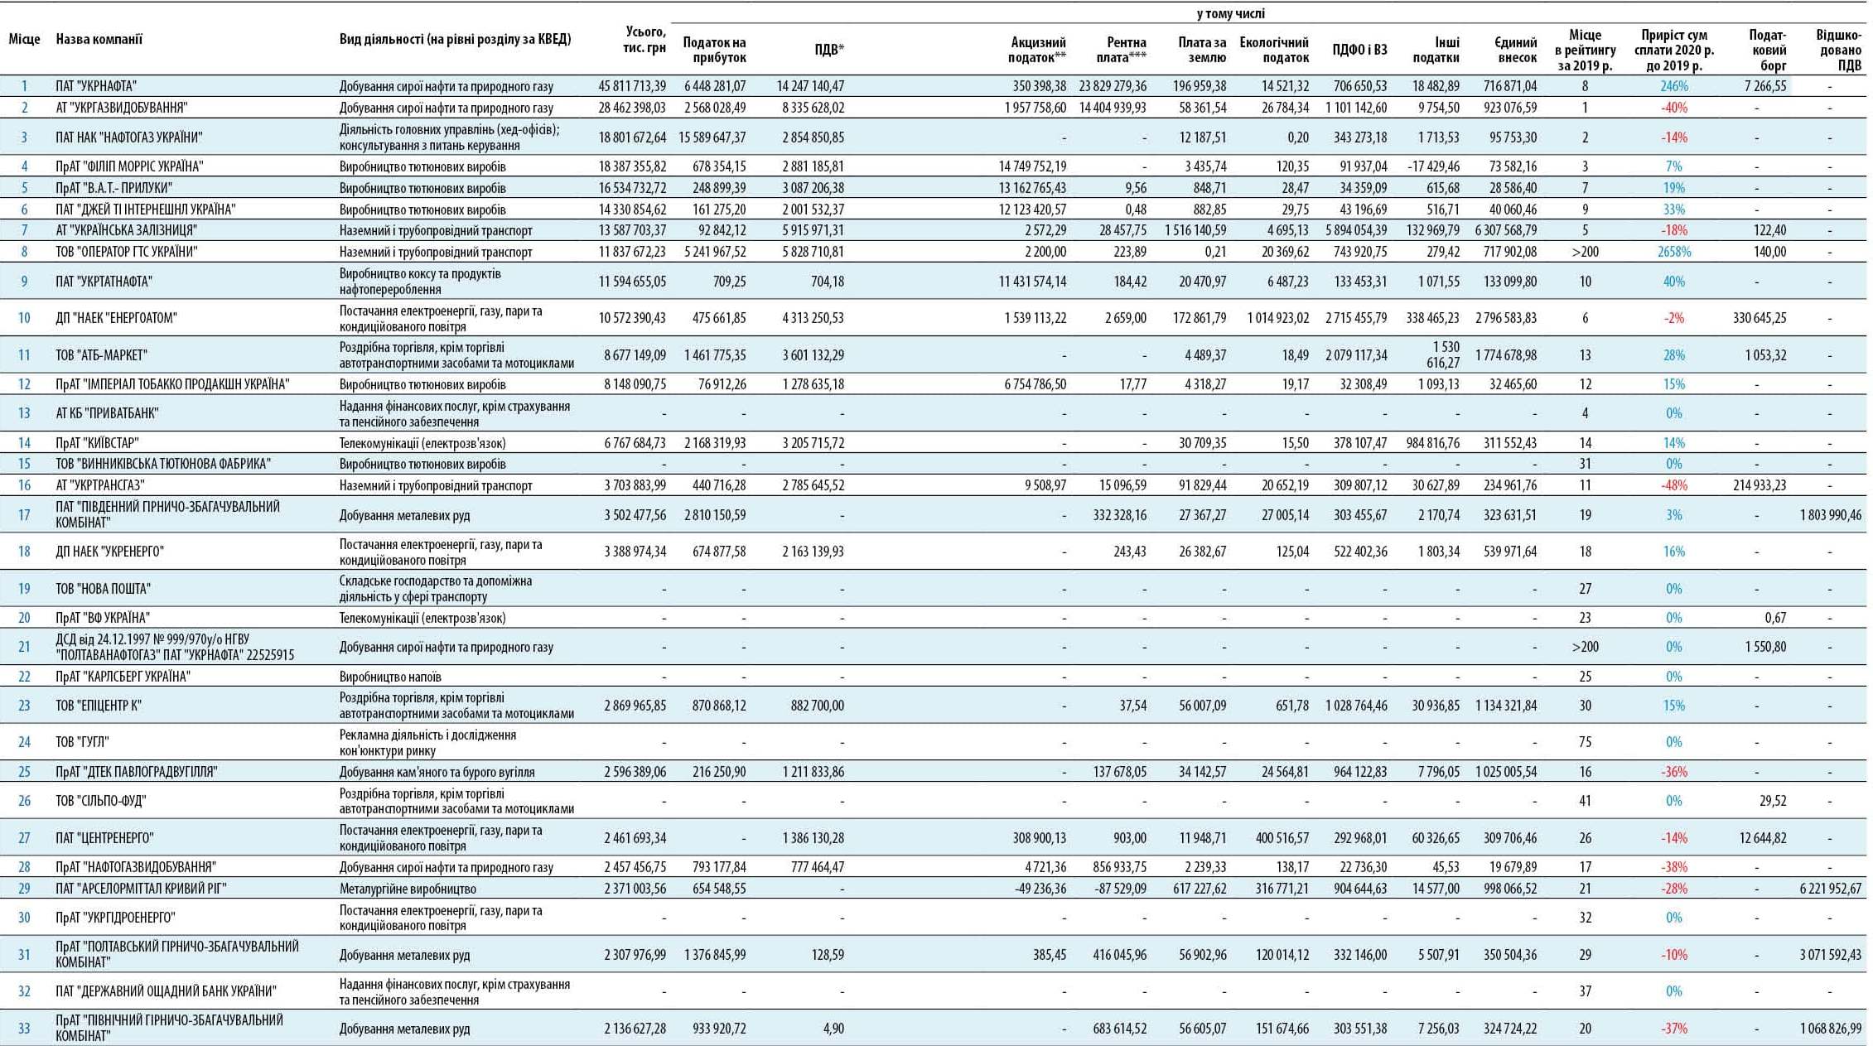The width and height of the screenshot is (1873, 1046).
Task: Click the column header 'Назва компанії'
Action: pos(99,39)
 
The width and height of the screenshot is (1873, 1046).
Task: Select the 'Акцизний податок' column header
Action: pos(1037,50)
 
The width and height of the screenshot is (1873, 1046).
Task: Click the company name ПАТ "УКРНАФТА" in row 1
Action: pos(96,86)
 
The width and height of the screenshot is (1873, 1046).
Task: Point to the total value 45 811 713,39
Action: pos(632,86)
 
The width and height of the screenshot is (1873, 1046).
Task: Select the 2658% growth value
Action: pos(1674,252)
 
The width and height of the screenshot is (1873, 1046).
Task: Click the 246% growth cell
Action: pos(1674,86)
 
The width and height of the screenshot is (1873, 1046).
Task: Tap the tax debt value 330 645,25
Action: pos(1760,318)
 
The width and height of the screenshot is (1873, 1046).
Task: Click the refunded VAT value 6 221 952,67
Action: pos(1831,889)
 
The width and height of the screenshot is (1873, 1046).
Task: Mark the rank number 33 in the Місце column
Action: pos(24,1029)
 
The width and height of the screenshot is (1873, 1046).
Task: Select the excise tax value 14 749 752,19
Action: pos(1033,166)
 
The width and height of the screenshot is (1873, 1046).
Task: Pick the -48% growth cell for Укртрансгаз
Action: pos(1674,485)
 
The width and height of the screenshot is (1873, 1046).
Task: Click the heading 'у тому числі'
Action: pos(1230,13)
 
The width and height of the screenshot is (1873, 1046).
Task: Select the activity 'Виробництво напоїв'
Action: pos(390,677)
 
